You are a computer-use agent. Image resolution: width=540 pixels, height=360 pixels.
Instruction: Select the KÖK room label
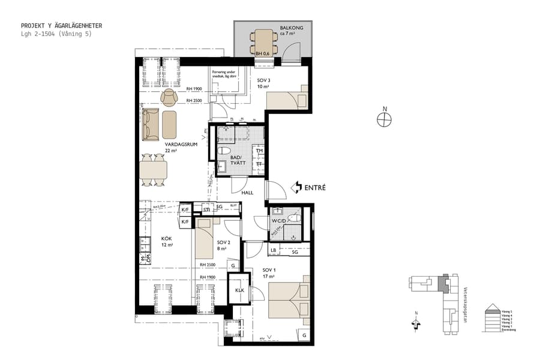(x=166, y=238)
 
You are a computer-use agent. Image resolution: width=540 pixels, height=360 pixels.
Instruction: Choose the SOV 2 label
(x=222, y=243)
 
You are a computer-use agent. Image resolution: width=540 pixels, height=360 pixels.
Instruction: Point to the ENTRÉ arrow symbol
(x=296, y=188)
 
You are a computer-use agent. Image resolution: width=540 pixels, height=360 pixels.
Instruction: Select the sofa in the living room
(x=150, y=124)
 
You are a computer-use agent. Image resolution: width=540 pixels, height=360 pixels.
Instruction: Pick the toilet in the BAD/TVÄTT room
(x=226, y=151)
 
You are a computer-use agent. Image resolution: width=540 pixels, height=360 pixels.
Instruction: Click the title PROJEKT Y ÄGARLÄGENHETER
(x=61, y=26)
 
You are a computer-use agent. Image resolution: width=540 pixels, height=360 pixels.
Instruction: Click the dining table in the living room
(x=154, y=170)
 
